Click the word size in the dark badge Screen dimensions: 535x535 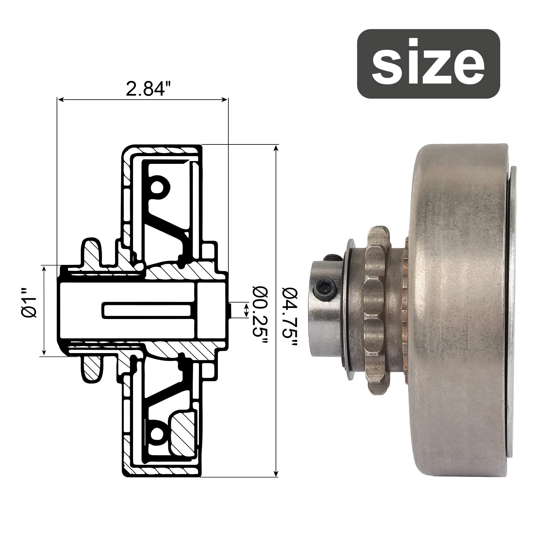(428, 64)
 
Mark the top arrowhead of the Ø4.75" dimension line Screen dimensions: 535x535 (276, 148)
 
